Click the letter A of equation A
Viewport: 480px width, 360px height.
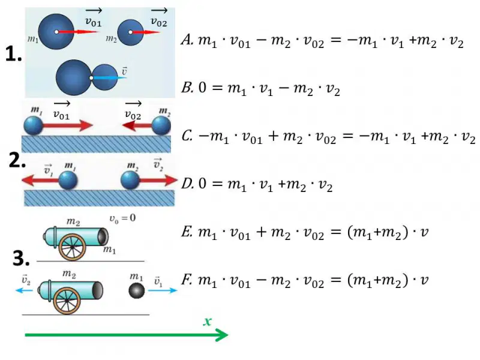pos(187,40)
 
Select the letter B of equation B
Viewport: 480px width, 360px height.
pos(187,88)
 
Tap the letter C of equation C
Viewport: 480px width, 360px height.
pos(187,136)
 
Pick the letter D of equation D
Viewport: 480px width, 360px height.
pos(187,184)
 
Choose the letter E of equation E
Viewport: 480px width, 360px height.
pos(187,232)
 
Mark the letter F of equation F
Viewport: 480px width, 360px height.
pos(187,280)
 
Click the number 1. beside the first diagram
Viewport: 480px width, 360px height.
pos(14,55)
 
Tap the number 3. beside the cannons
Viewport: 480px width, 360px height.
pos(22,258)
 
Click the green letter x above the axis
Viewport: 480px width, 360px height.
pos(208,322)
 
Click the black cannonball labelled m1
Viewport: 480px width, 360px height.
pos(137,290)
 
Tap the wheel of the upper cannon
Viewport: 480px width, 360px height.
pos(72,247)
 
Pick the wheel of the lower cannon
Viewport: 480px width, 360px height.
pos(67,301)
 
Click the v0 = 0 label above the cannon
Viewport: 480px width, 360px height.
pos(122,218)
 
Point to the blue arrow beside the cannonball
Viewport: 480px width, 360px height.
pos(163,290)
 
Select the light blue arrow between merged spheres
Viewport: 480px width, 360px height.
pos(109,78)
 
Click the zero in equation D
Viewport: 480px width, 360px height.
pos(202,184)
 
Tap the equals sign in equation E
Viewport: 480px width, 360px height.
pos(336,232)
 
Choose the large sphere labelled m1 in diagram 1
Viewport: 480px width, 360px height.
pos(56,32)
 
